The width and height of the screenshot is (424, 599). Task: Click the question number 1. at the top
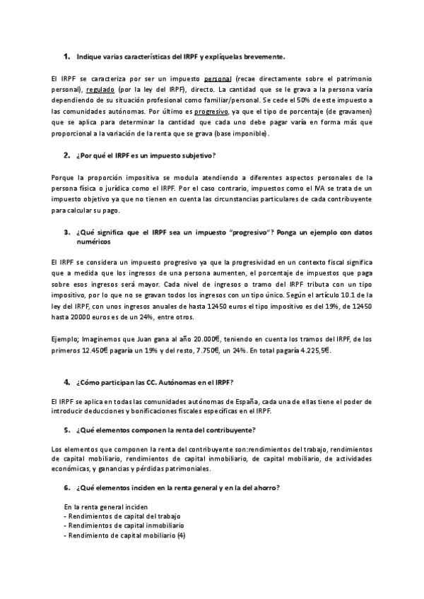click(x=67, y=56)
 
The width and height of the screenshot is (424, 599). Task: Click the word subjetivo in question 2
click(x=192, y=155)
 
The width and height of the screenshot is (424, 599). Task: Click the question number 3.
click(x=66, y=232)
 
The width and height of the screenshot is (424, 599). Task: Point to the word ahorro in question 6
click(x=263, y=487)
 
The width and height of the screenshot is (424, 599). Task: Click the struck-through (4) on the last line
click(x=181, y=536)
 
